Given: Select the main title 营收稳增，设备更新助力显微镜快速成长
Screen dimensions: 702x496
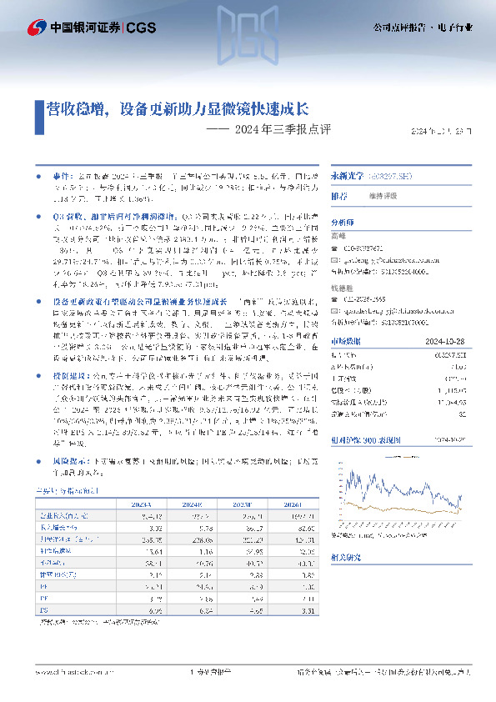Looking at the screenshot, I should pos(177,108).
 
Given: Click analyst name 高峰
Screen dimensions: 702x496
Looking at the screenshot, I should pos(339,238).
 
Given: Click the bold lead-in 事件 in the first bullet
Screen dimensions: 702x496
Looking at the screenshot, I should pos(62,178).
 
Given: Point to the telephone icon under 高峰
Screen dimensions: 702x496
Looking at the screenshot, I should pos(335,248).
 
